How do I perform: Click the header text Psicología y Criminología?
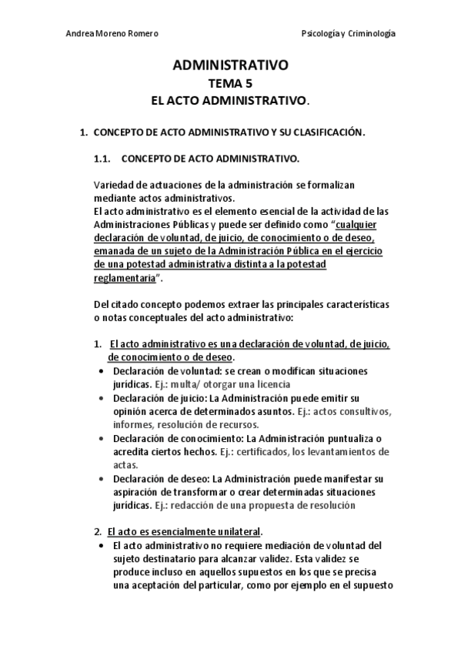click(349, 34)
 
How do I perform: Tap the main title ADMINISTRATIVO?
click(230, 66)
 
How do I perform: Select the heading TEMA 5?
click(230, 84)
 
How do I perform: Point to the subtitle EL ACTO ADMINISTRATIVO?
click(230, 101)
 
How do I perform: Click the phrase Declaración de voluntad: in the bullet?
click(157, 370)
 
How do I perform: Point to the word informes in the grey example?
click(134, 424)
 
